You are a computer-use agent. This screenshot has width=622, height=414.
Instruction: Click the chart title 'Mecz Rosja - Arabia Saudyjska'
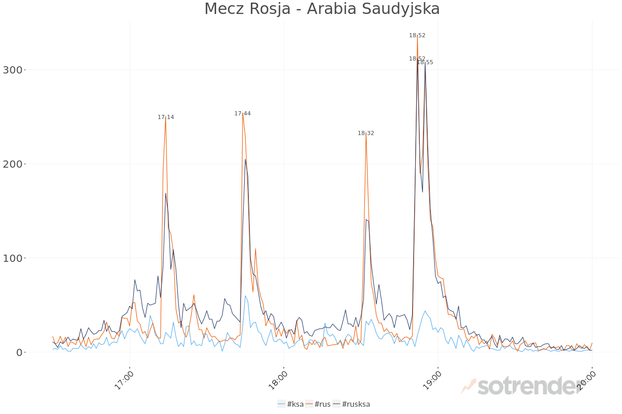pos(322,9)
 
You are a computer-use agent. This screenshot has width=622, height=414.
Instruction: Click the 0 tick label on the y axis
pos(19,352)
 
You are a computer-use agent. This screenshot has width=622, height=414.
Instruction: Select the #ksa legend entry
pos(291,404)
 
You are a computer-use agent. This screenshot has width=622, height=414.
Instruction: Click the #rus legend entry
pos(318,404)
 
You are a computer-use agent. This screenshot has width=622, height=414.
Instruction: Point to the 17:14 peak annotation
pos(166,117)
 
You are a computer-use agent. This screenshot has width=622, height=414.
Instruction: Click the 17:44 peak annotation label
pos(243,114)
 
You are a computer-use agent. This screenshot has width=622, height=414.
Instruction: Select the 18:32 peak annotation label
pos(366,134)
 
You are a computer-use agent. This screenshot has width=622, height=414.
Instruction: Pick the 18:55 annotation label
pos(426,63)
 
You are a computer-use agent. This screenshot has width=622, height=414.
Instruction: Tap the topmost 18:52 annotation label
pos(417,36)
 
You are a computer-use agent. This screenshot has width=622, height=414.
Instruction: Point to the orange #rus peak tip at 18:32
pos(366,135)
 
